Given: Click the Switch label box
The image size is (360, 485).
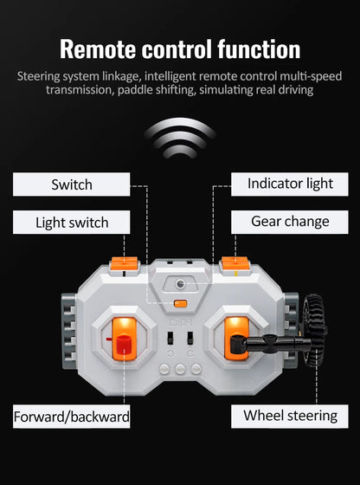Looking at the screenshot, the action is [71, 184].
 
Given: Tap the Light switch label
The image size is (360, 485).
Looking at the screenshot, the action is [71, 222].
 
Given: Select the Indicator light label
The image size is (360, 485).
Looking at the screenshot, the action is [290, 184].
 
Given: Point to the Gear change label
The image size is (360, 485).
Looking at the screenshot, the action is [290, 222].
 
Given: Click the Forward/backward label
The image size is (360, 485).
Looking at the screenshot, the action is [71, 417].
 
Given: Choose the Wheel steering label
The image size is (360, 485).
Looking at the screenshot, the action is [290, 417].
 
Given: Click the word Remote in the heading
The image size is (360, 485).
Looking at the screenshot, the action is [98, 48].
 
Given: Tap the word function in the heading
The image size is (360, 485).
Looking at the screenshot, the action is [259, 48].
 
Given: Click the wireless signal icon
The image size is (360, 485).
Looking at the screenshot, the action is [180, 138].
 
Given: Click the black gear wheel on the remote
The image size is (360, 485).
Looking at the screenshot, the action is [315, 330].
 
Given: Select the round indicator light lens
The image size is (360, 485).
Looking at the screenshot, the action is [180, 284].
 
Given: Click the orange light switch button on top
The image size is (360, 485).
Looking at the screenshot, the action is [125, 263].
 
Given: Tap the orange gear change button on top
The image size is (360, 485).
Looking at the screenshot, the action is [235, 263].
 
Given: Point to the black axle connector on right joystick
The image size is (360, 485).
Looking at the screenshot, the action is [271, 342].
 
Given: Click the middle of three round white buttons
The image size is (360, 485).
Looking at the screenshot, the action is [180, 369].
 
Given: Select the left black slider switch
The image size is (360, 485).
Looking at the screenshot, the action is [170, 338].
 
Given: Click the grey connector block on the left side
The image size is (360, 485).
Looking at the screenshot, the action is [68, 331].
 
